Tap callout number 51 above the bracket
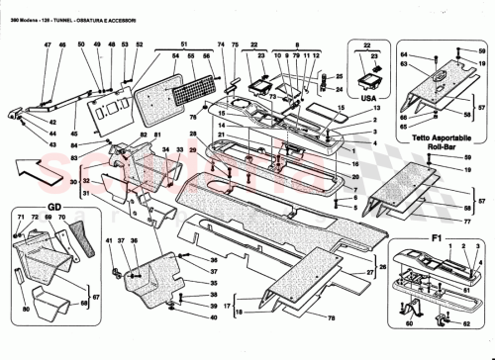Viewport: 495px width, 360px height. [x=184, y=45]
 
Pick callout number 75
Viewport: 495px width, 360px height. [x=235, y=45]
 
